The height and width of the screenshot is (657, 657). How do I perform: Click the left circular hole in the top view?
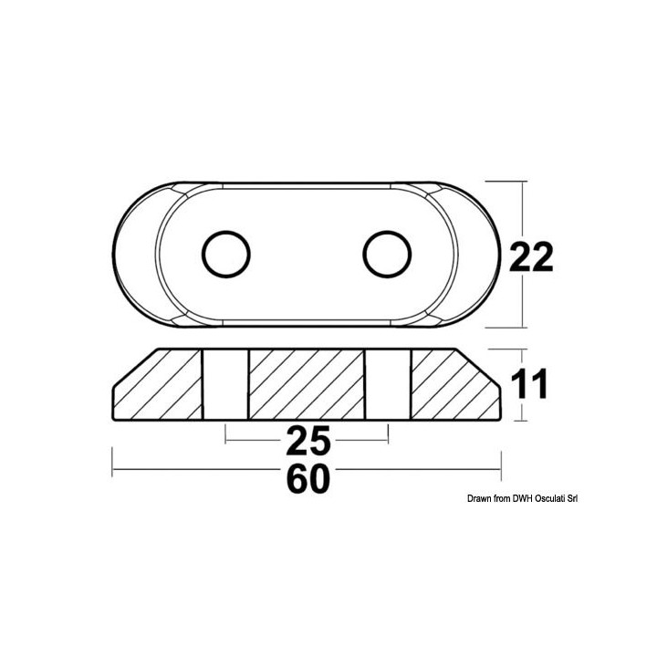(225, 254)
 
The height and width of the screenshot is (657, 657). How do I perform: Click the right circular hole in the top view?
(386, 254)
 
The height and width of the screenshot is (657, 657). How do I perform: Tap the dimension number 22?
(531, 258)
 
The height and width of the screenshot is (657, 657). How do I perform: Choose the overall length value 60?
(307, 478)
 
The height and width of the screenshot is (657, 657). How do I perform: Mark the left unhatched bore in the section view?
(224, 385)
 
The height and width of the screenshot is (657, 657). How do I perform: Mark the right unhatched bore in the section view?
(388, 385)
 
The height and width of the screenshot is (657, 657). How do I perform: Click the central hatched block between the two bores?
(306, 385)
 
